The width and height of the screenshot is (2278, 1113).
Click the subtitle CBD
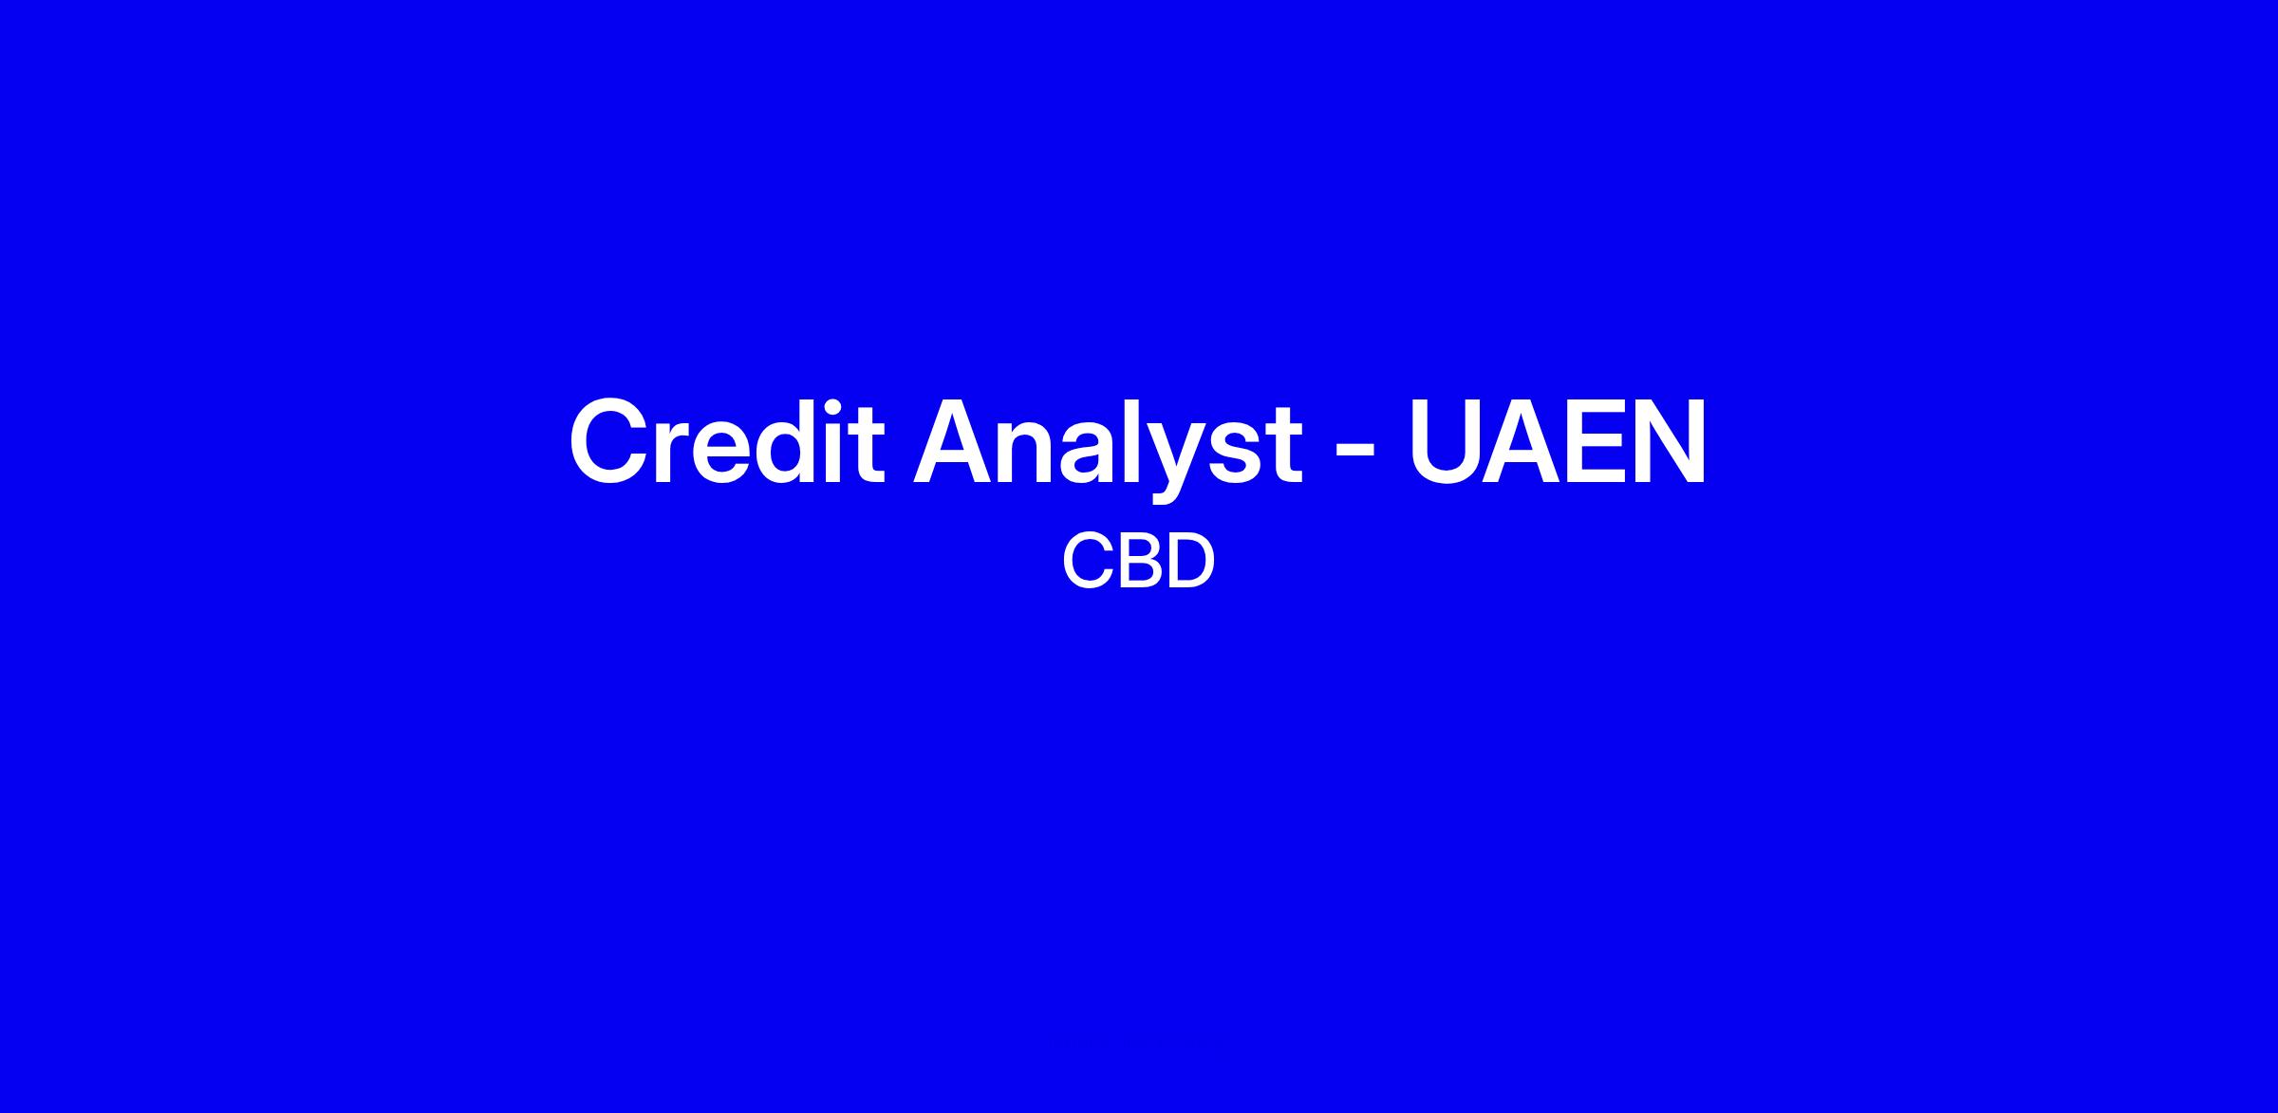pos(1138,561)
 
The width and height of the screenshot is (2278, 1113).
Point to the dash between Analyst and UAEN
pos(1355,450)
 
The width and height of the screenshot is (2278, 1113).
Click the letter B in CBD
pos(1136,561)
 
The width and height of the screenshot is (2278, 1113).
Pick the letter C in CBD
pos(1086,561)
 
